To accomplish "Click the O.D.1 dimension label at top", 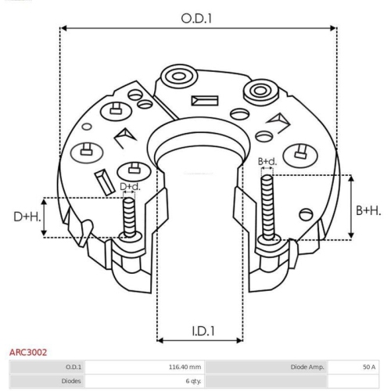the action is click(196, 19).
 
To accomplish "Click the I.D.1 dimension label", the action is click(203, 332).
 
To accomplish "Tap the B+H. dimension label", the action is click(368, 210).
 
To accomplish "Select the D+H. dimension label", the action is click(27, 217).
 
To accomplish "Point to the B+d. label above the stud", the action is click(267, 161).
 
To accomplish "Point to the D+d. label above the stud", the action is click(130, 187).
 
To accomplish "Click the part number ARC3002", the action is click(28, 353).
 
